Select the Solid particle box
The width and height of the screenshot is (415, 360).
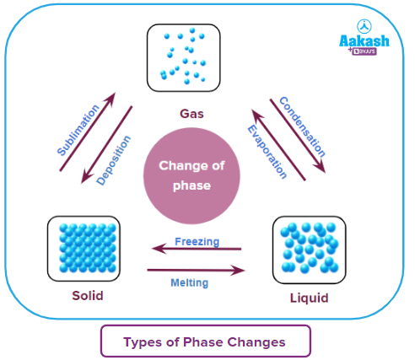click(84, 250)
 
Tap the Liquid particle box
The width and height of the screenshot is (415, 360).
click(310, 250)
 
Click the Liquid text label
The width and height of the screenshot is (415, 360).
click(308, 298)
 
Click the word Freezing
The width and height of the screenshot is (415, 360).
click(197, 241)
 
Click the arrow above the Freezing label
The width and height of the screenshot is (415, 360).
click(196, 250)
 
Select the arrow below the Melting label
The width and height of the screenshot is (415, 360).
click(196, 271)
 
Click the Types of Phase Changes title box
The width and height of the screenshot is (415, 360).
click(205, 341)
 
